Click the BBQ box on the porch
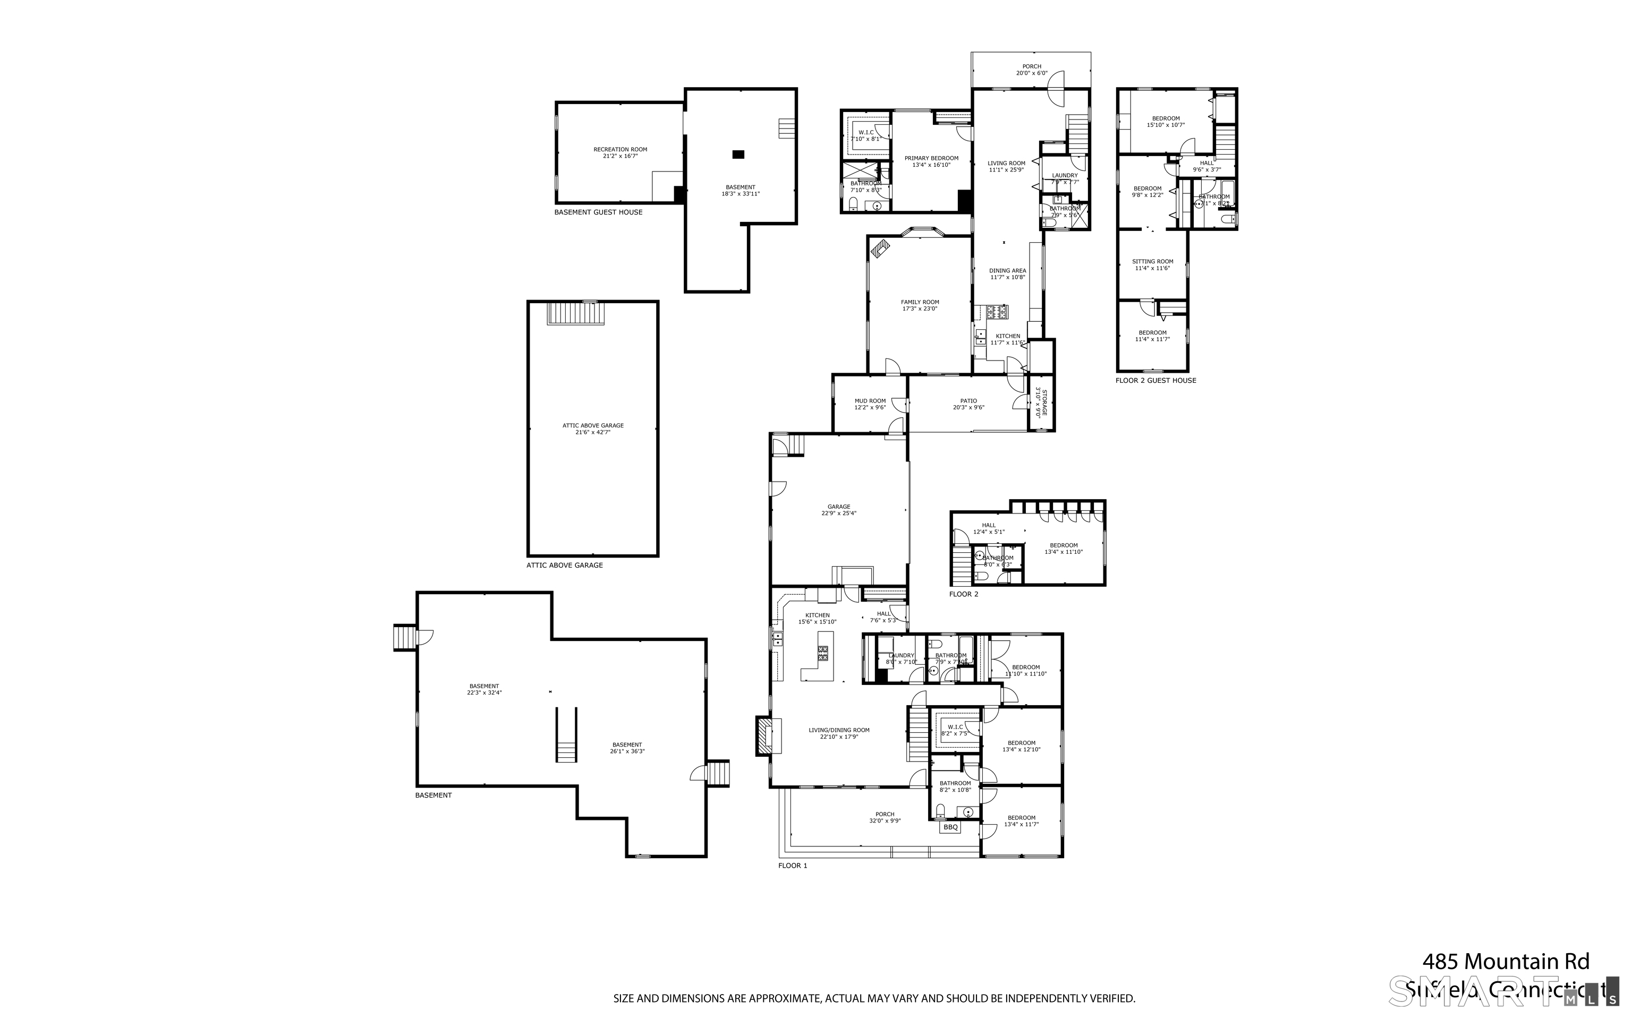(950, 827)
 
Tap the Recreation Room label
(620, 150)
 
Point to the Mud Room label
(870, 401)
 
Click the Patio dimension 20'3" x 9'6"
(968, 408)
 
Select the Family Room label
(920, 303)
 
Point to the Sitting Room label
(1152, 261)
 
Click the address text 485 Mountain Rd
(1505, 961)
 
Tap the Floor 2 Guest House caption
(1155, 381)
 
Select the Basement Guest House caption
(598, 212)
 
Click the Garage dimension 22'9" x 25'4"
(839, 513)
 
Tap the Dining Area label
(1007, 271)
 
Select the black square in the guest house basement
(738, 155)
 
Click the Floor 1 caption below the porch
(792, 866)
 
